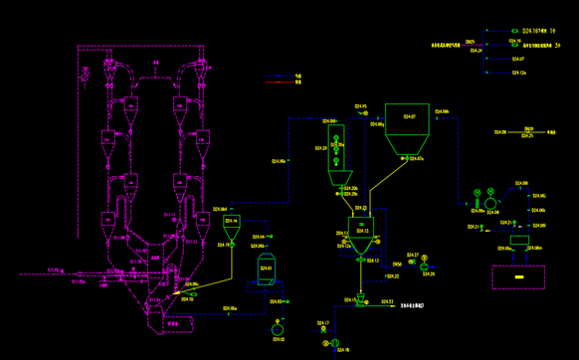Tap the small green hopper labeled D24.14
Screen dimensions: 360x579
click(x=231, y=223)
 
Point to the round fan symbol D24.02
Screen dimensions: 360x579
click(x=277, y=328)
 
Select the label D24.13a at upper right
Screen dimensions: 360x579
click(x=518, y=73)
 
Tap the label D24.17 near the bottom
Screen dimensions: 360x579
click(x=323, y=323)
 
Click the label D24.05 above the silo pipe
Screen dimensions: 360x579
click(x=360, y=106)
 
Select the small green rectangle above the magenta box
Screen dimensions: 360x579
click(x=518, y=241)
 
